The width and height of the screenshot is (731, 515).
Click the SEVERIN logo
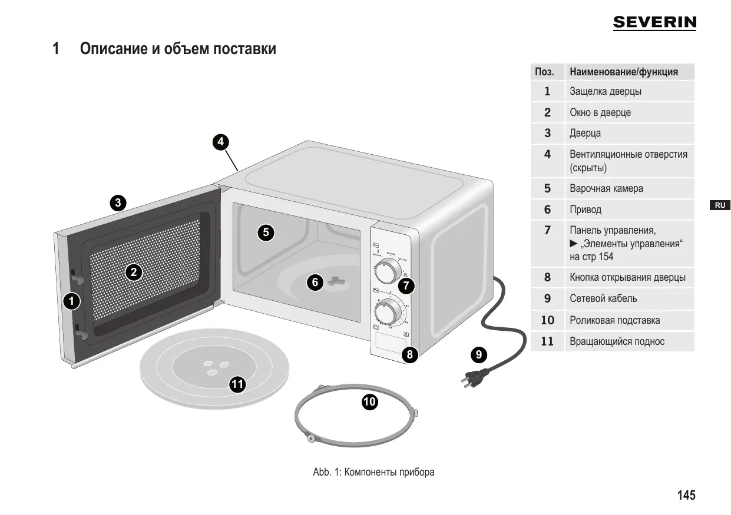pos(654,23)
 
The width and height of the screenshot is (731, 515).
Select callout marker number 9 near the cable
pos(479,354)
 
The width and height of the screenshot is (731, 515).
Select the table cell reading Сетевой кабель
pos(603,298)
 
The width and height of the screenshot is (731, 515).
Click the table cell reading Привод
pos(586,210)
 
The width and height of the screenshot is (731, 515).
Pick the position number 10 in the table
pos(547,320)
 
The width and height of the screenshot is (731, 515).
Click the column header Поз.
pos(544,72)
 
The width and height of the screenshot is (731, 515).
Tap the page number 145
pos(686,495)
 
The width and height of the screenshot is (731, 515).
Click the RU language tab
pos(719,205)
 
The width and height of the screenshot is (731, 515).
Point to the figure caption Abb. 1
pos(374,472)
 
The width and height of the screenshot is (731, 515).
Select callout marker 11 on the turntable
pos(237,384)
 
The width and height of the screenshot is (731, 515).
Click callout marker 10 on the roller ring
pos(369,402)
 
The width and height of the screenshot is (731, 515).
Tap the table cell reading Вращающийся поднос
pos(617,341)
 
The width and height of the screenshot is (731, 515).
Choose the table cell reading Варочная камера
pos(606,189)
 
